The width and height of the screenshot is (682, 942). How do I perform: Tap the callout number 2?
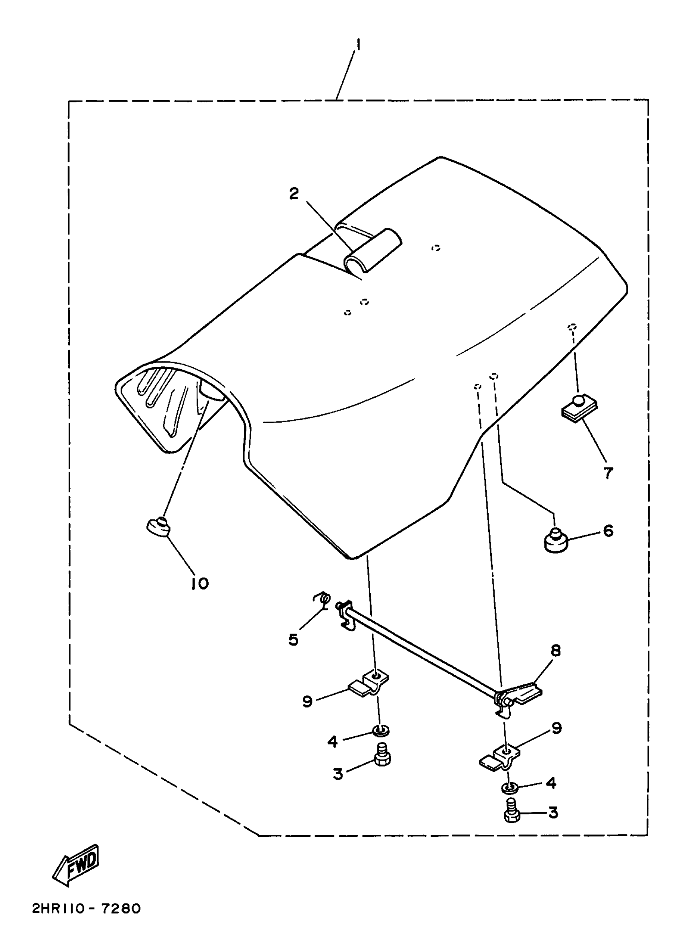click(x=294, y=193)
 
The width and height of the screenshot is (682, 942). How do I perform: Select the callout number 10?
click(x=200, y=584)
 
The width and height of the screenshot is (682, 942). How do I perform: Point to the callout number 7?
click(x=608, y=473)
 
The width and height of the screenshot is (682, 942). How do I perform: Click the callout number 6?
click(x=608, y=531)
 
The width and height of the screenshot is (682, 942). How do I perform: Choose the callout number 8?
click(x=556, y=651)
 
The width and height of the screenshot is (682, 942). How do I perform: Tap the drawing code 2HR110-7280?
click(x=86, y=909)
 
